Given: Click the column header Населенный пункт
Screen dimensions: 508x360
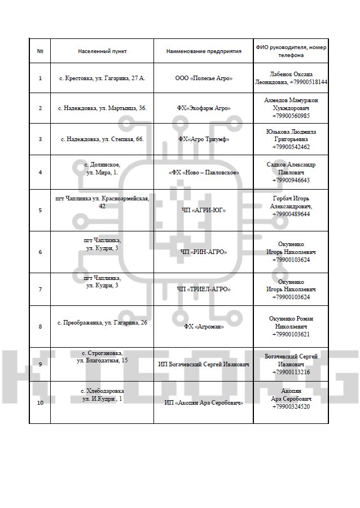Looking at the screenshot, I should click(102, 51).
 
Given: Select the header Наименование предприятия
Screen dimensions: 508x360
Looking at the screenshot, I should click(204, 51).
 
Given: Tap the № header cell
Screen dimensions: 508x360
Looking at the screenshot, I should click(40, 51).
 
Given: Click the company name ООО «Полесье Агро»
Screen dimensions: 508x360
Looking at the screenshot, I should click(204, 78).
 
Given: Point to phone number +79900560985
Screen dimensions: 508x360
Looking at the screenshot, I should click(291, 116).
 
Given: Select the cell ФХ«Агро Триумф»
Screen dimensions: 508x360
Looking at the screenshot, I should click(204, 139).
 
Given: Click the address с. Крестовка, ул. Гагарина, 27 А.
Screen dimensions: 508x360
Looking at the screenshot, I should click(102, 78).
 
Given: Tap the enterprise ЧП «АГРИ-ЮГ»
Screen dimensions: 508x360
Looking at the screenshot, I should click(204, 210).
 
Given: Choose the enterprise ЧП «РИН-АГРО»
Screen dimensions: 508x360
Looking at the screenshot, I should click(204, 252).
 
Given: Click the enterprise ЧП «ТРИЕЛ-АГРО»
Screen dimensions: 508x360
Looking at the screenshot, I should click(204, 289).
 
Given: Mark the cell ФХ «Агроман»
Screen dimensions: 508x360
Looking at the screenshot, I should click(204, 326).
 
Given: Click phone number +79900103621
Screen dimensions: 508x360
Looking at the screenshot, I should click(291, 334).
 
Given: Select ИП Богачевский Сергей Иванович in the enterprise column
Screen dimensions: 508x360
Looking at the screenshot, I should click(204, 365).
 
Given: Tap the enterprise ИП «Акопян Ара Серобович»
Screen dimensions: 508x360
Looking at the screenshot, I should click(204, 403).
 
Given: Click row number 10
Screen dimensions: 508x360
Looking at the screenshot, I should click(40, 403).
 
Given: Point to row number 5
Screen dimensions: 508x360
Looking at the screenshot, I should click(40, 210).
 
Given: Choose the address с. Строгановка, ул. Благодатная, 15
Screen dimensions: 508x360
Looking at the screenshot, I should click(102, 356).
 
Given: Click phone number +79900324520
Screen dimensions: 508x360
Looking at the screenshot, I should click(291, 406).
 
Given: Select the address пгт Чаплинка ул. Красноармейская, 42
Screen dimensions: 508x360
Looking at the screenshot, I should click(102, 202).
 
